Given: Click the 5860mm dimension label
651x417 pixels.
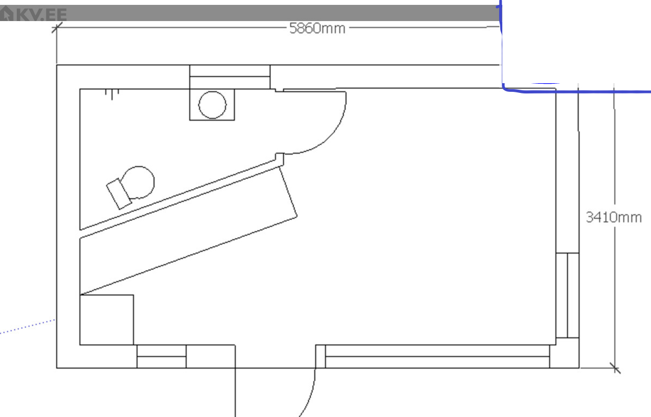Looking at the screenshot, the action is [317, 29].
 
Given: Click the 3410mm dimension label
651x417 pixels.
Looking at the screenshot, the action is [614, 217].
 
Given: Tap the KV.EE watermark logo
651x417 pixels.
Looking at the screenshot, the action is [34, 14].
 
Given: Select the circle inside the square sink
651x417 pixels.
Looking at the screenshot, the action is [212, 105].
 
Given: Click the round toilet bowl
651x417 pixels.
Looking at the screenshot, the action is [138, 183].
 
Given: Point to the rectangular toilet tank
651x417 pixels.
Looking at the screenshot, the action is [119, 194].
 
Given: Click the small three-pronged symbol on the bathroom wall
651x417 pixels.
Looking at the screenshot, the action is [112, 94].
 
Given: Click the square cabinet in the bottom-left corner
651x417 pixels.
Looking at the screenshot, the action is [107, 320].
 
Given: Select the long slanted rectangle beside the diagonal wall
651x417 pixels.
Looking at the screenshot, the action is [188, 231].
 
